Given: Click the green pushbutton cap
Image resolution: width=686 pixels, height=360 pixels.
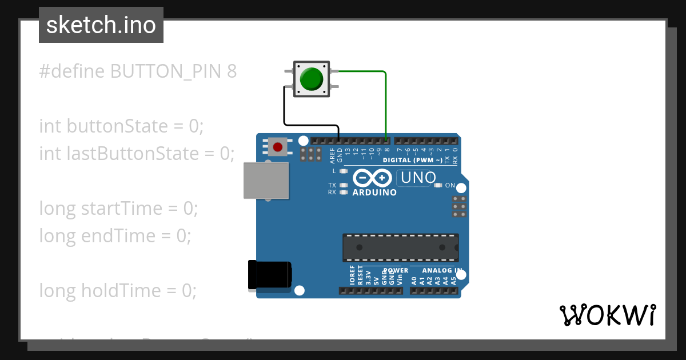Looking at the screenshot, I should [312, 79].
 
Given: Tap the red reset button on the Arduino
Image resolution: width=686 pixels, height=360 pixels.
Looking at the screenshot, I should [278, 147].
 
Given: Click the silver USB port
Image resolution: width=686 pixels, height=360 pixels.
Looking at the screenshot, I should [265, 180].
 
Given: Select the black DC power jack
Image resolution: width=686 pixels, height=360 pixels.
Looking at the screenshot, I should [269, 275].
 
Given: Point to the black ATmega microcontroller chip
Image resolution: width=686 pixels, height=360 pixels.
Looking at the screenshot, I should [400, 247].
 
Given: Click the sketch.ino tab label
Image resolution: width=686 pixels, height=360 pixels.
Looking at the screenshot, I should [101, 25].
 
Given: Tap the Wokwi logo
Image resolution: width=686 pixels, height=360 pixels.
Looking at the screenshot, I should [608, 315].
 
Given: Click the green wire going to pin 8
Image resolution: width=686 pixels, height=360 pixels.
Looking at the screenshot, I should [386, 103].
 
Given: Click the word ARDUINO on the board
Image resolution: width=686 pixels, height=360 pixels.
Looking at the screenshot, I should [374, 193].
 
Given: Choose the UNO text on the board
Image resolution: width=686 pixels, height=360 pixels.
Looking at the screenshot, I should [418, 178].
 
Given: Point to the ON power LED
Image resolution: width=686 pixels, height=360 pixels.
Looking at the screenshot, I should [438, 185].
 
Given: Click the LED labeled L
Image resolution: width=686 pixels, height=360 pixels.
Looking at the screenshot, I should [344, 171].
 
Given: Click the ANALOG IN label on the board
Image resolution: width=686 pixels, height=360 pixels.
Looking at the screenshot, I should [442, 270].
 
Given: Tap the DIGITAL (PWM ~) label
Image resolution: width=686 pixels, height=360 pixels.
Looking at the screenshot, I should [412, 161].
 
